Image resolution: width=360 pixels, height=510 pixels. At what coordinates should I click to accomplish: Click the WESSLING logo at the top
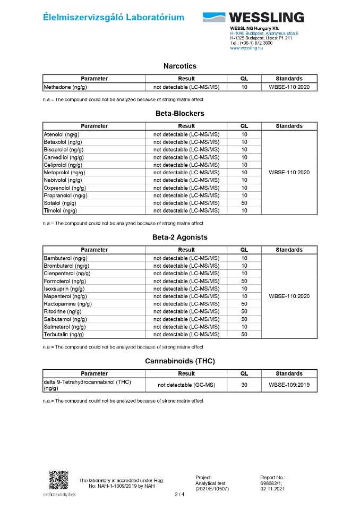(253, 18)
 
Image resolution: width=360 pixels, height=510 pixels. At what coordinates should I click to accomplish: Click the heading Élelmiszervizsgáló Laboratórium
(114, 18)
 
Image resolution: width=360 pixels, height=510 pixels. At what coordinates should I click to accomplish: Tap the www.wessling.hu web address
(246, 48)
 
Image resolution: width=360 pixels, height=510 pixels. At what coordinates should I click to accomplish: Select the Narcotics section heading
(179, 66)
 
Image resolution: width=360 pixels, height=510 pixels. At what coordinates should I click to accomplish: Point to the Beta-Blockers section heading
(179, 113)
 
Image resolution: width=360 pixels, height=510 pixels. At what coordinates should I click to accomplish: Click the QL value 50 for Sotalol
(244, 203)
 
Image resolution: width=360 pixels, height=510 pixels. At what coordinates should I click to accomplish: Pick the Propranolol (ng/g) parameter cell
(65, 195)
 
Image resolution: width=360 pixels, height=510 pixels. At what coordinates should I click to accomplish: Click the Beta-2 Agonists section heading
(179, 237)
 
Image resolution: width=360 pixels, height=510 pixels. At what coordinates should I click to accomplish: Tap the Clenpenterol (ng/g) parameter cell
(66, 274)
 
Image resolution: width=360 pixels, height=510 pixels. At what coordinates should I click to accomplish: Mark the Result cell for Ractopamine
(186, 304)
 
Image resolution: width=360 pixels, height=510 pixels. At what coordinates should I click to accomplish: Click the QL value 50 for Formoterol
(244, 281)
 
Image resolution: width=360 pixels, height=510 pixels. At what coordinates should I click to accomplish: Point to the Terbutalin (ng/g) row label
(63, 335)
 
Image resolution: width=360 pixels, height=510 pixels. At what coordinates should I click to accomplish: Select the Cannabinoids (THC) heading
(179, 361)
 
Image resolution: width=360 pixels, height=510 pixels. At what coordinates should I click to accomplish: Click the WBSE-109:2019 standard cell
(289, 385)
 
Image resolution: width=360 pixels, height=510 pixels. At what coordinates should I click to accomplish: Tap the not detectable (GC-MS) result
(186, 385)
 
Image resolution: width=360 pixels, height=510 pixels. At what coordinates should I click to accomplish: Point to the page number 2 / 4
(179, 495)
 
